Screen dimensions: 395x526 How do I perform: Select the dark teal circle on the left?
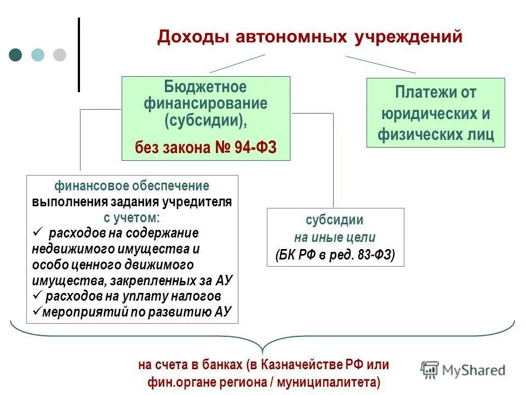coord(16,55)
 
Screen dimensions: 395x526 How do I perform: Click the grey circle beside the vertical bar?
coord(59,55)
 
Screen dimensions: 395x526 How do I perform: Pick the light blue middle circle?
coord(38,55)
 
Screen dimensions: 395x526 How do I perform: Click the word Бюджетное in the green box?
coord(205,87)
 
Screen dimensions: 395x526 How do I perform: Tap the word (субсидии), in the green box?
coord(205,120)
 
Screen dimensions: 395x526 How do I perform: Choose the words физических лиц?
coord(436,134)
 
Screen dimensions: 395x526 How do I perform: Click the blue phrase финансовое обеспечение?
coord(131,185)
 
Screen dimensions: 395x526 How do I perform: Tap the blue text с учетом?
coord(131,217)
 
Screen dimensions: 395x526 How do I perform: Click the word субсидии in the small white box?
coord(334,220)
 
